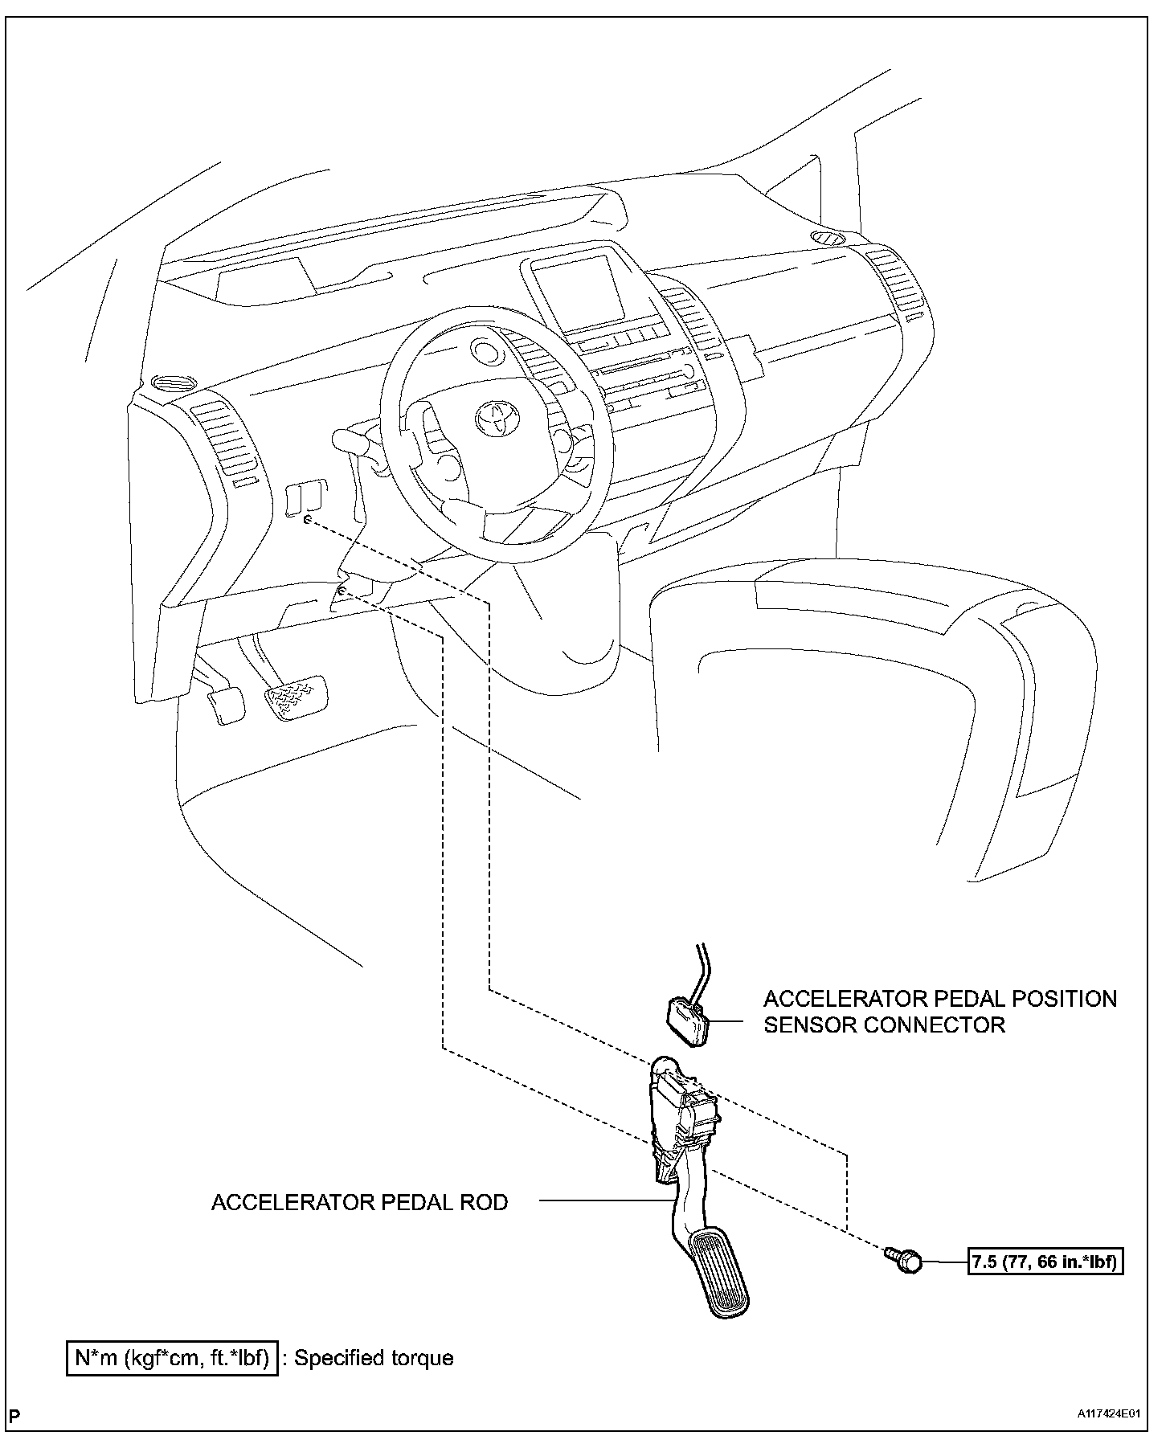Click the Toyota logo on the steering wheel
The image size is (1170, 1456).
click(x=493, y=418)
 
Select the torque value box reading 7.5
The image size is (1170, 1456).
click(x=1045, y=1262)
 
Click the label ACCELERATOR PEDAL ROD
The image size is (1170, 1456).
click(x=359, y=1202)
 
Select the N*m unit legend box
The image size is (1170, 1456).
click(x=172, y=1358)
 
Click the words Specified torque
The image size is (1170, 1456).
click(x=374, y=1358)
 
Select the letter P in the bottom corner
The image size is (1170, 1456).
click(x=14, y=1415)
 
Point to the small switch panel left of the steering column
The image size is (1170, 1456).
click(x=306, y=496)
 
